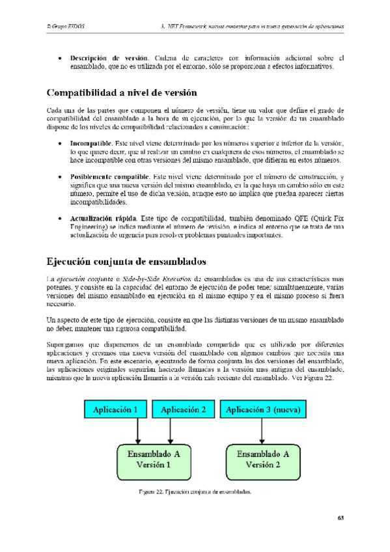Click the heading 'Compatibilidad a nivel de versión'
tap(121, 92)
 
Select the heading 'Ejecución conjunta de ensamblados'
tap(126, 262)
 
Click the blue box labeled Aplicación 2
tap(184, 409)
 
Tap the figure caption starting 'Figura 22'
tap(195, 492)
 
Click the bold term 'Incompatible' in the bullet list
tap(90, 143)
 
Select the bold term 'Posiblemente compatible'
tap(109, 177)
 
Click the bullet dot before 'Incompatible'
tap(60, 143)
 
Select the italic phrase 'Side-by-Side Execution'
tap(157, 279)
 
